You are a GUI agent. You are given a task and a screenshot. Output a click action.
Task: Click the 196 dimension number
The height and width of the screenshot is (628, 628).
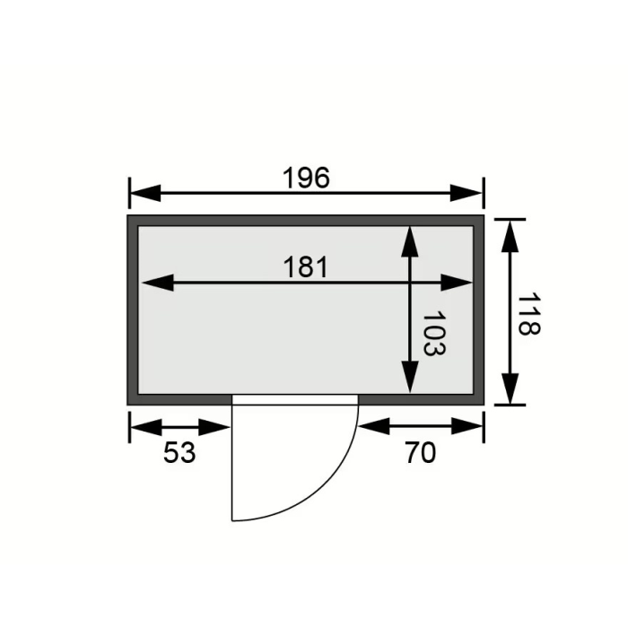point(307,178)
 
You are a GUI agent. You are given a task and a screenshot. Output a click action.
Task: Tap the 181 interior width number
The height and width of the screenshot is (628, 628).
point(306,267)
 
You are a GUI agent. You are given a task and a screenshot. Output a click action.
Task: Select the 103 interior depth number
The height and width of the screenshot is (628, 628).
point(433,333)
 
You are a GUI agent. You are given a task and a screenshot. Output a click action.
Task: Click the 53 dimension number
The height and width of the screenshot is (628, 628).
point(179,452)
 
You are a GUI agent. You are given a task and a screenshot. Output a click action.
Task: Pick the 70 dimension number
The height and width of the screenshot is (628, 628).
point(420,452)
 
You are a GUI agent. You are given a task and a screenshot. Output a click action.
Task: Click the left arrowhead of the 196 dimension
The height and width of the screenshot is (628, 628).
point(145,193)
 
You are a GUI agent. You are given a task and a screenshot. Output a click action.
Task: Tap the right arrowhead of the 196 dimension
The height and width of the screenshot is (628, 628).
point(467,193)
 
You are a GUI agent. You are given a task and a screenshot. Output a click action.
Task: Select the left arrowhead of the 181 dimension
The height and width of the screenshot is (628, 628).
point(158,283)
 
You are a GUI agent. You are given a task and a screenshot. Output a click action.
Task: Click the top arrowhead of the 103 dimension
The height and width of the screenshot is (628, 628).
point(410,241)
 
